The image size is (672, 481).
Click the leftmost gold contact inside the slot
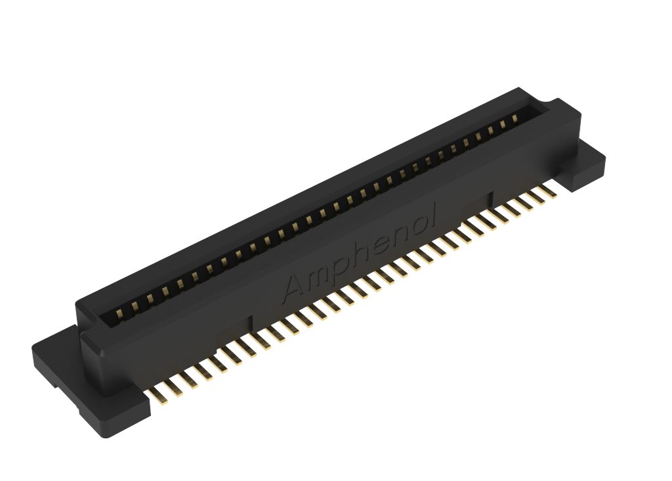119,314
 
